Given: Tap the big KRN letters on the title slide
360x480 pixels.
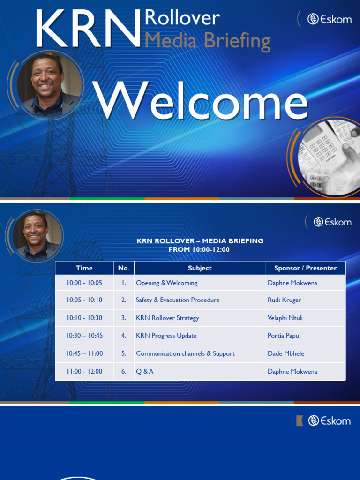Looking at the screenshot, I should coord(88,29).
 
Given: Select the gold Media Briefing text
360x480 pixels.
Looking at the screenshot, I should coord(207,41).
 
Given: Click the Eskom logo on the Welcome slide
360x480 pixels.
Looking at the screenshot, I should coord(329,19).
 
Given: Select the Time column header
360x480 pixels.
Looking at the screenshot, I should coord(84,268).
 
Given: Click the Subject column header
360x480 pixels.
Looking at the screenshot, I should coord(200,268).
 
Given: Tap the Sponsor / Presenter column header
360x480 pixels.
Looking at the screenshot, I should coord(305,268).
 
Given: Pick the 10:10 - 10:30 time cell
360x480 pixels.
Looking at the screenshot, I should coord(84,318).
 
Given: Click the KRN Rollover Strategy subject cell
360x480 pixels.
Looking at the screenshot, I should coord(167,318).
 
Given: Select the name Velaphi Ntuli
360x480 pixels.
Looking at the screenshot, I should coord(285,318).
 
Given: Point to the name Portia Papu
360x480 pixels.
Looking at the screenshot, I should coord(283,336).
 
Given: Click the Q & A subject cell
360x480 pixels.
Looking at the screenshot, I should coord(145,371).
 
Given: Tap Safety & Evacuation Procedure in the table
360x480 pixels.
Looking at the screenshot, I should coord(178,300).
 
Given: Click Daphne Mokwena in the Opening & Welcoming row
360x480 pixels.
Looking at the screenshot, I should coord(292,283).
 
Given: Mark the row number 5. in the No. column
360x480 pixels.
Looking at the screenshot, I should coord(124,353).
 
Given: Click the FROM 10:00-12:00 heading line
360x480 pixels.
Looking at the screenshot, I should coord(199,249).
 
